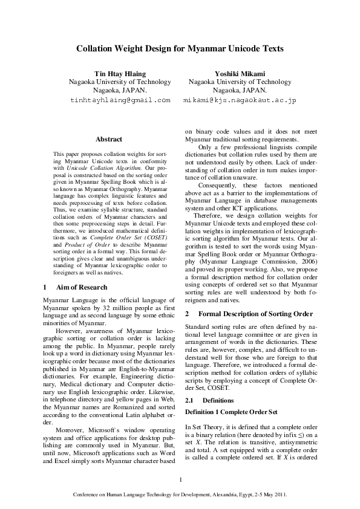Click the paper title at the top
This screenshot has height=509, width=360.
point(180,48)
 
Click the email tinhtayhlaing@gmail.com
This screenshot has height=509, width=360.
point(120,99)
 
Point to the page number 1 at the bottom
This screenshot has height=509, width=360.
point(180,480)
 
